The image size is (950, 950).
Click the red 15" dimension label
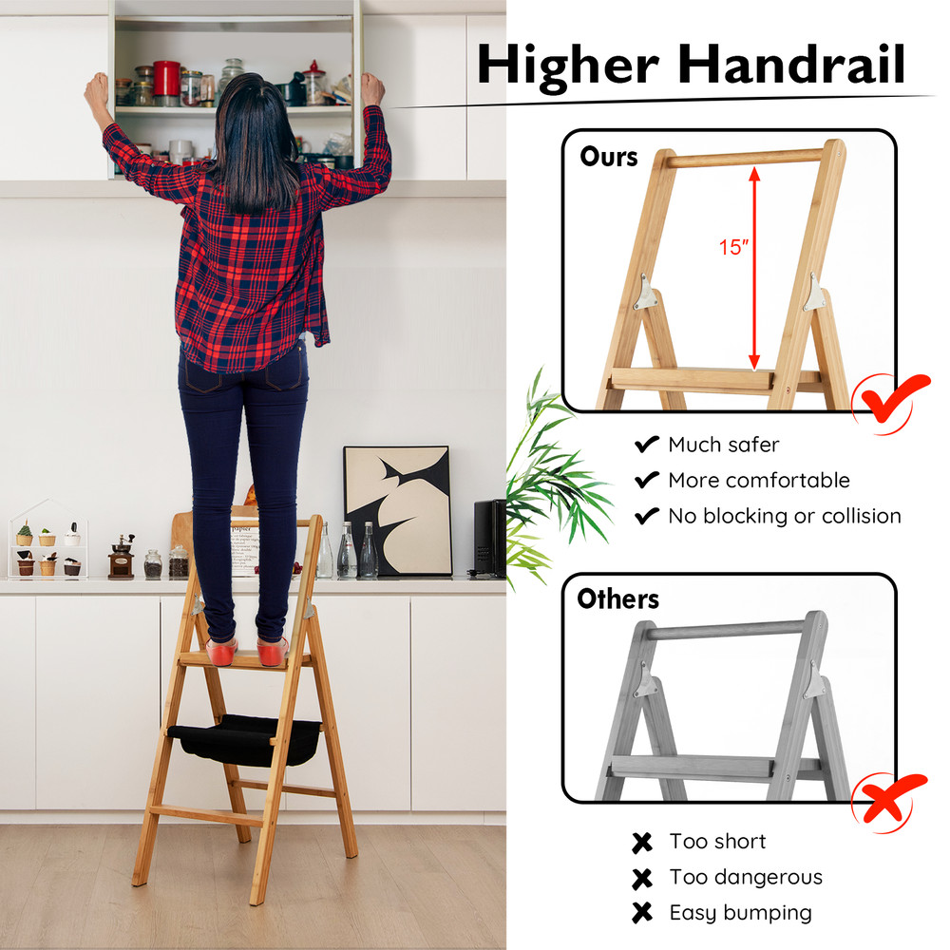point(733,248)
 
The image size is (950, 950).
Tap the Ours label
point(610,157)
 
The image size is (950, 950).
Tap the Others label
point(617,599)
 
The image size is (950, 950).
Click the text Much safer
point(723,445)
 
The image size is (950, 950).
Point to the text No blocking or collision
point(784,516)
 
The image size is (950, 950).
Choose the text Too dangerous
point(745,877)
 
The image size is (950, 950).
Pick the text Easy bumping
point(740,913)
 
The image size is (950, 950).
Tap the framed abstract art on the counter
point(396,509)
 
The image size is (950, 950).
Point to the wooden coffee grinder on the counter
point(121,558)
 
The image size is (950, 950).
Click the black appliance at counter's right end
point(489,537)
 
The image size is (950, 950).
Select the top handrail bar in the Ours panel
point(743,158)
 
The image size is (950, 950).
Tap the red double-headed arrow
point(754,267)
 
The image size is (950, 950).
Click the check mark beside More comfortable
point(647,480)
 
